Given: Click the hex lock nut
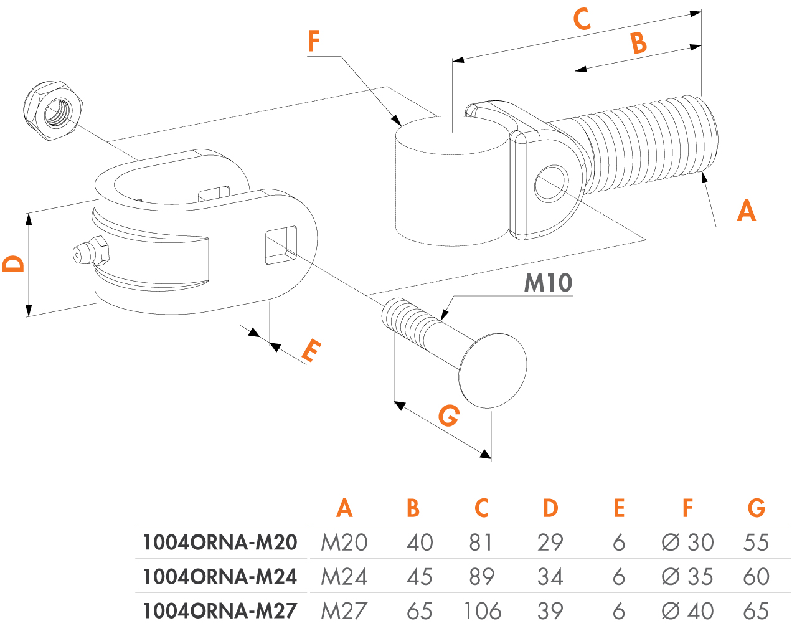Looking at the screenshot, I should coord(53,110).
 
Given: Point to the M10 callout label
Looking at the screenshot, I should coord(548,283).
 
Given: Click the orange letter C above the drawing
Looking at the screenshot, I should coord(582,19).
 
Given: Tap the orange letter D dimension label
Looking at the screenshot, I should coord(14,263).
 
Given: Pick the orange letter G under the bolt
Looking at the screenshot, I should coord(448,415).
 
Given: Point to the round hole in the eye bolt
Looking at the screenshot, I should coord(551,183).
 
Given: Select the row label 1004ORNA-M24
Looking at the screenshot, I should coord(220,577).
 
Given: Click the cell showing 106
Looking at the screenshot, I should coord(482,611).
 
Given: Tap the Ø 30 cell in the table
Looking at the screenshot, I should coord(687,543).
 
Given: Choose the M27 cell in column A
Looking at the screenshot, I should coord(344,611).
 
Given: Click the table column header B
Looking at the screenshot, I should coord(413,508).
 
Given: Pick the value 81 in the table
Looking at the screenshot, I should coord(481,543).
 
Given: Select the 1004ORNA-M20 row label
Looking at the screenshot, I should coord(220,543).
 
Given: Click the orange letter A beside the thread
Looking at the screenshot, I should coord(746,211).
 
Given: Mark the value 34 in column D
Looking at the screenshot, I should coord(550,577).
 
